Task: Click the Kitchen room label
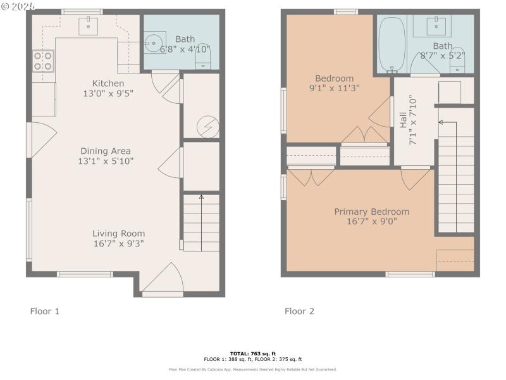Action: tap(108, 84)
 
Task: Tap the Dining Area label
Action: tap(106, 151)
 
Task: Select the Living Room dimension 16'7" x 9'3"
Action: tap(118, 243)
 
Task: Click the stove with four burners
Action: tap(43, 61)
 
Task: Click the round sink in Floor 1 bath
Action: tap(154, 43)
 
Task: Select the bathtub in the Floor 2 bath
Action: tap(394, 43)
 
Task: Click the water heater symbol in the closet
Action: tap(206, 127)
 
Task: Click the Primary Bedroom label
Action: tap(371, 212)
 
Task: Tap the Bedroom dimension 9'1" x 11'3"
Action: tap(334, 89)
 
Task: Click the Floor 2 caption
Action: tap(299, 311)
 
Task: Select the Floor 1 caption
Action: tap(45, 311)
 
